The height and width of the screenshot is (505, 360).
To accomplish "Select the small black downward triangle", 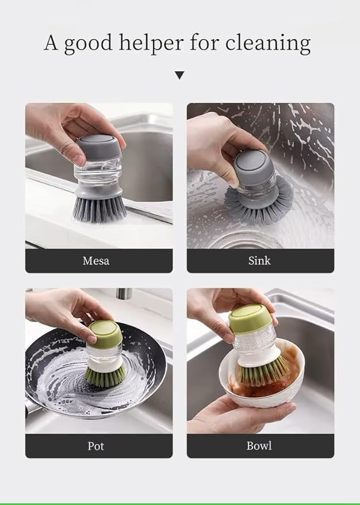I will (179, 75).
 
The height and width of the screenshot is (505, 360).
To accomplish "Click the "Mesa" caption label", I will (96, 261).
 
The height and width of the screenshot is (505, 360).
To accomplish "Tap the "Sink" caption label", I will (259, 261).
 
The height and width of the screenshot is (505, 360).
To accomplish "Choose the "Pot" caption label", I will (96, 446).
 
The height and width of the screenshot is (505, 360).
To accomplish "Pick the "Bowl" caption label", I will (259, 446).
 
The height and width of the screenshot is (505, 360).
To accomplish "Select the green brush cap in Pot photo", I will (105, 331).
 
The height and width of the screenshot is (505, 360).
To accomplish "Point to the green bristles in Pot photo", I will (106, 374).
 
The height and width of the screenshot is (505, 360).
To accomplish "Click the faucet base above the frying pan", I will (122, 294).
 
